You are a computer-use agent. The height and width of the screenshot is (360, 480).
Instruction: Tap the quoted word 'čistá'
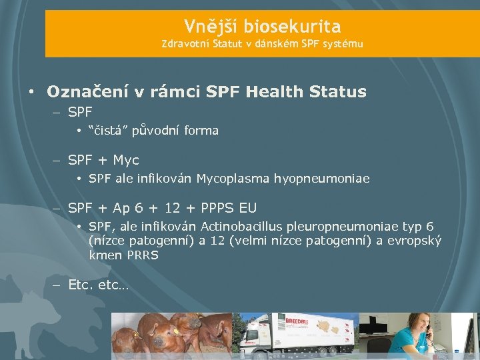(x=101, y=131)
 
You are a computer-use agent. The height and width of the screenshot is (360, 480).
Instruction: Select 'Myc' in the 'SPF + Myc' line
(x=126, y=160)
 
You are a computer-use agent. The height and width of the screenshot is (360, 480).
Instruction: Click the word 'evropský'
(x=413, y=241)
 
